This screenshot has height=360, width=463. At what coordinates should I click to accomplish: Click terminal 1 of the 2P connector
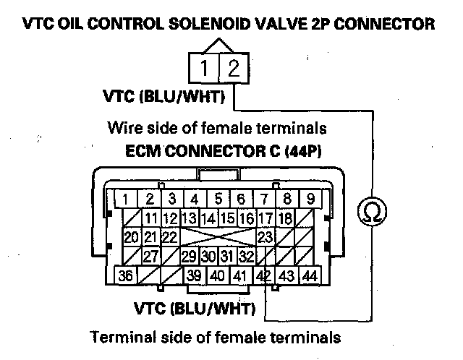(x=205, y=70)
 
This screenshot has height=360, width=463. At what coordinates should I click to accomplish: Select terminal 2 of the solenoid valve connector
(x=233, y=70)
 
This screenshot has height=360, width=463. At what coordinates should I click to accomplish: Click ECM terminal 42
(x=263, y=275)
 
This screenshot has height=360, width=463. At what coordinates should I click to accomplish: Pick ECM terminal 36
(x=126, y=275)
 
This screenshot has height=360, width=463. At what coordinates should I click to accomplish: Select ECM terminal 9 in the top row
(x=309, y=199)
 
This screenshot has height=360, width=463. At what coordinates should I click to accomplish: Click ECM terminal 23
(x=265, y=236)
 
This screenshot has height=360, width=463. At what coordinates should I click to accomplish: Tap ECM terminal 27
(x=151, y=256)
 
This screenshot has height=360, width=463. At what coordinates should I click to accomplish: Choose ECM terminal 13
(x=190, y=218)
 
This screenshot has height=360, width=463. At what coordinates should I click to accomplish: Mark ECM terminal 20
(x=131, y=236)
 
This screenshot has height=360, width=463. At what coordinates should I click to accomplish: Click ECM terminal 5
(x=218, y=199)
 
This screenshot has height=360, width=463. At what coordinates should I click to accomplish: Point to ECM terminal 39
(x=194, y=275)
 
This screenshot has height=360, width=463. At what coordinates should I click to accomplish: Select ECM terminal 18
(x=284, y=218)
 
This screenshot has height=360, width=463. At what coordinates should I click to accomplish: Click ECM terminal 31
(x=227, y=256)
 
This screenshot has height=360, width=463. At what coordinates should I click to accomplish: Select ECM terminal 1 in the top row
(x=126, y=199)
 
